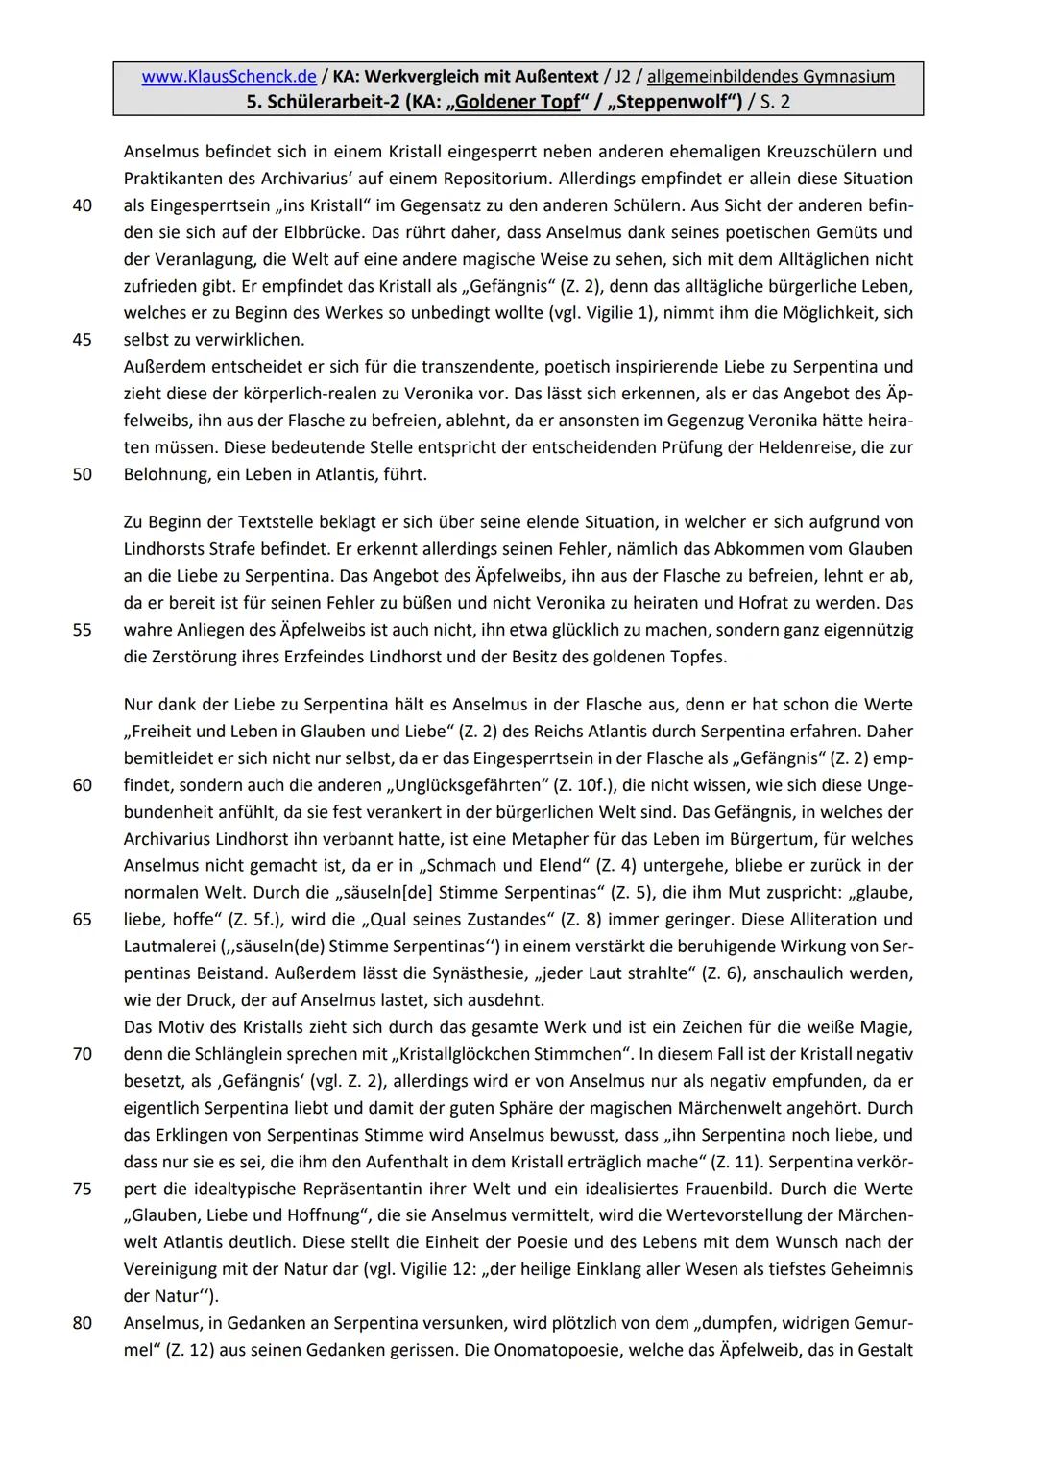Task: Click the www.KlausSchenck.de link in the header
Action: click(x=229, y=77)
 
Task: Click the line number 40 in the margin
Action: click(x=82, y=205)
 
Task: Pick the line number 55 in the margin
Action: click(x=82, y=631)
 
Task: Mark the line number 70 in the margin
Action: click(x=82, y=1054)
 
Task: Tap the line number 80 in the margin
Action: click(x=82, y=1323)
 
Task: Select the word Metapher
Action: click(x=554, y=839)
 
